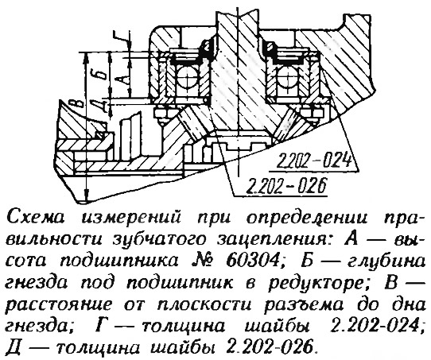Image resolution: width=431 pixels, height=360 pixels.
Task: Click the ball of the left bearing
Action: (187, 77)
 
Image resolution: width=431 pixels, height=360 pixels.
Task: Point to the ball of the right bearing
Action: (288, 77)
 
